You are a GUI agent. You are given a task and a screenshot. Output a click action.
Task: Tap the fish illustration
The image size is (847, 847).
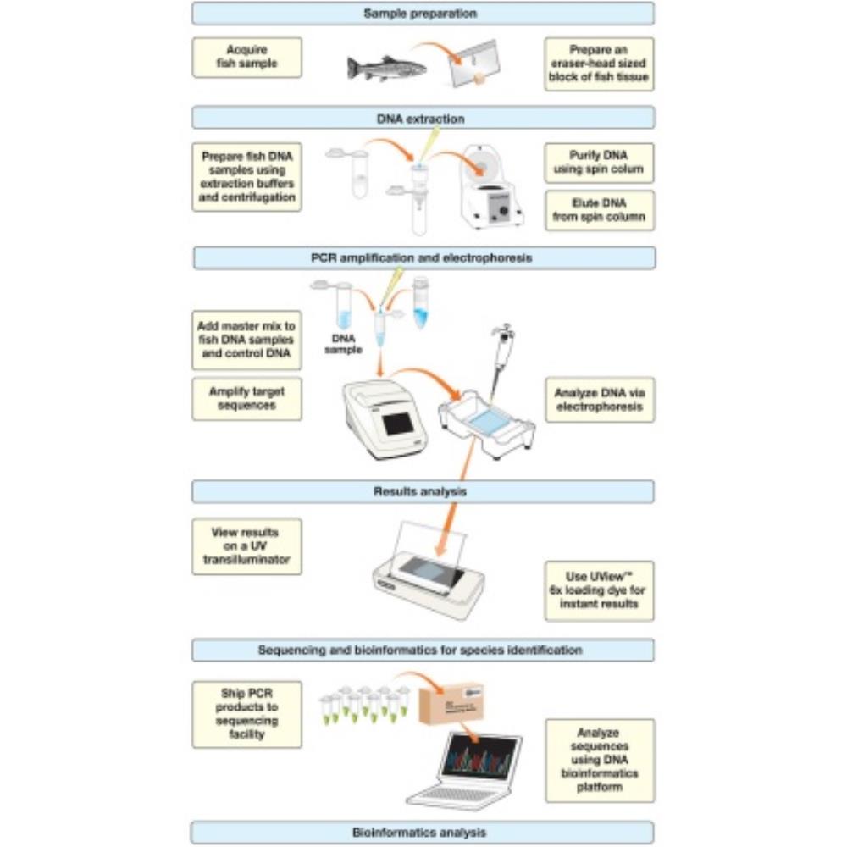pyautogui.click(x=385, y=66)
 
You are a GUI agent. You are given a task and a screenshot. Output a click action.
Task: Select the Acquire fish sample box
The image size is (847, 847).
pyautogui.click(x=246, y=57)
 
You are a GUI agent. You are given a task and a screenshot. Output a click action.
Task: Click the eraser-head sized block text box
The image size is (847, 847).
pyautogui.click(x=599, y=64)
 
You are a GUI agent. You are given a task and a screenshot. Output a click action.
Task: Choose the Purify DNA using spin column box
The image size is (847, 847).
pyautogui.click(x=599, y=163)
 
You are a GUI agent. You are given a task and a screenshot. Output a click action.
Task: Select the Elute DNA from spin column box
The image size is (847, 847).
pyautogui.click(x=599, y=210)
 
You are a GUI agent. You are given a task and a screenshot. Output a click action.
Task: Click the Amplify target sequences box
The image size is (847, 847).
pyautogui.click(x=246, y=398)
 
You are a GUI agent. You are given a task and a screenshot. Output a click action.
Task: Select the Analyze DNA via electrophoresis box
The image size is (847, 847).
pyautogui.click(x=599, y=400)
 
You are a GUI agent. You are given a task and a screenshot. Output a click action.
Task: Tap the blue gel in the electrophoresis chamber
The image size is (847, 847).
pyautogui.click(x=484, y=421)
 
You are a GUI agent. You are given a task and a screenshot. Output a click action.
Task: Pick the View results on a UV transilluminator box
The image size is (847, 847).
pyautogui.click(x=246, y=546)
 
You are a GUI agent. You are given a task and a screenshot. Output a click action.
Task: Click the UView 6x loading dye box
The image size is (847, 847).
pyautogui.click(x=599, y=590)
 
